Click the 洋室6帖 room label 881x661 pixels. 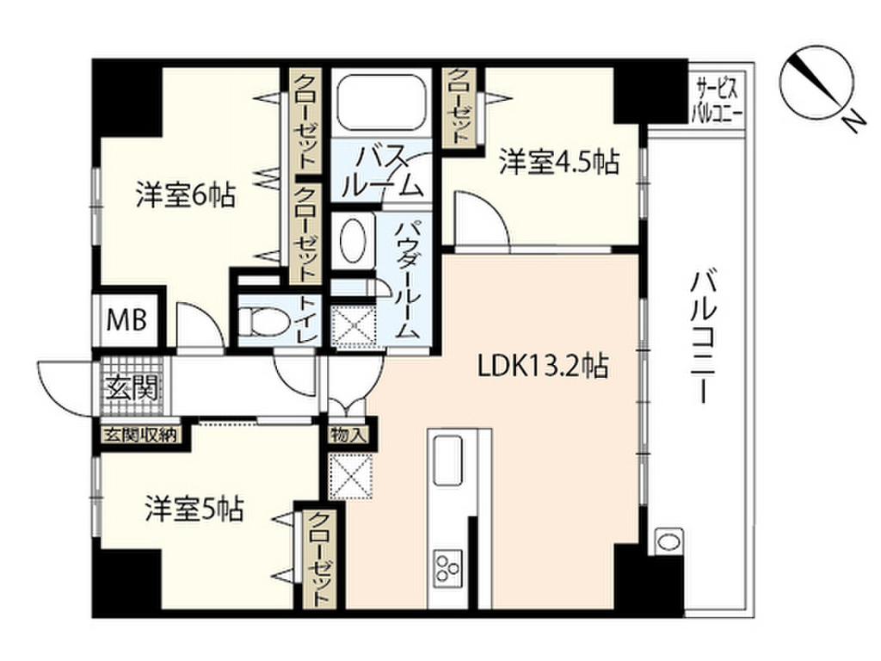(x=186, y=196)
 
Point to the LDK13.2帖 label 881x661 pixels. (x=544, y=368)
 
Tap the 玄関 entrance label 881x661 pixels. (x=131, y=389)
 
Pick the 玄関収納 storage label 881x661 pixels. (x=139, y=435)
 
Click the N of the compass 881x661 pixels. (x=853, y=123)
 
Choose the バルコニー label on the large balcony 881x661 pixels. (x=702, y=336)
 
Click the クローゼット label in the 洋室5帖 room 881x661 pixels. (x=319, y=559)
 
